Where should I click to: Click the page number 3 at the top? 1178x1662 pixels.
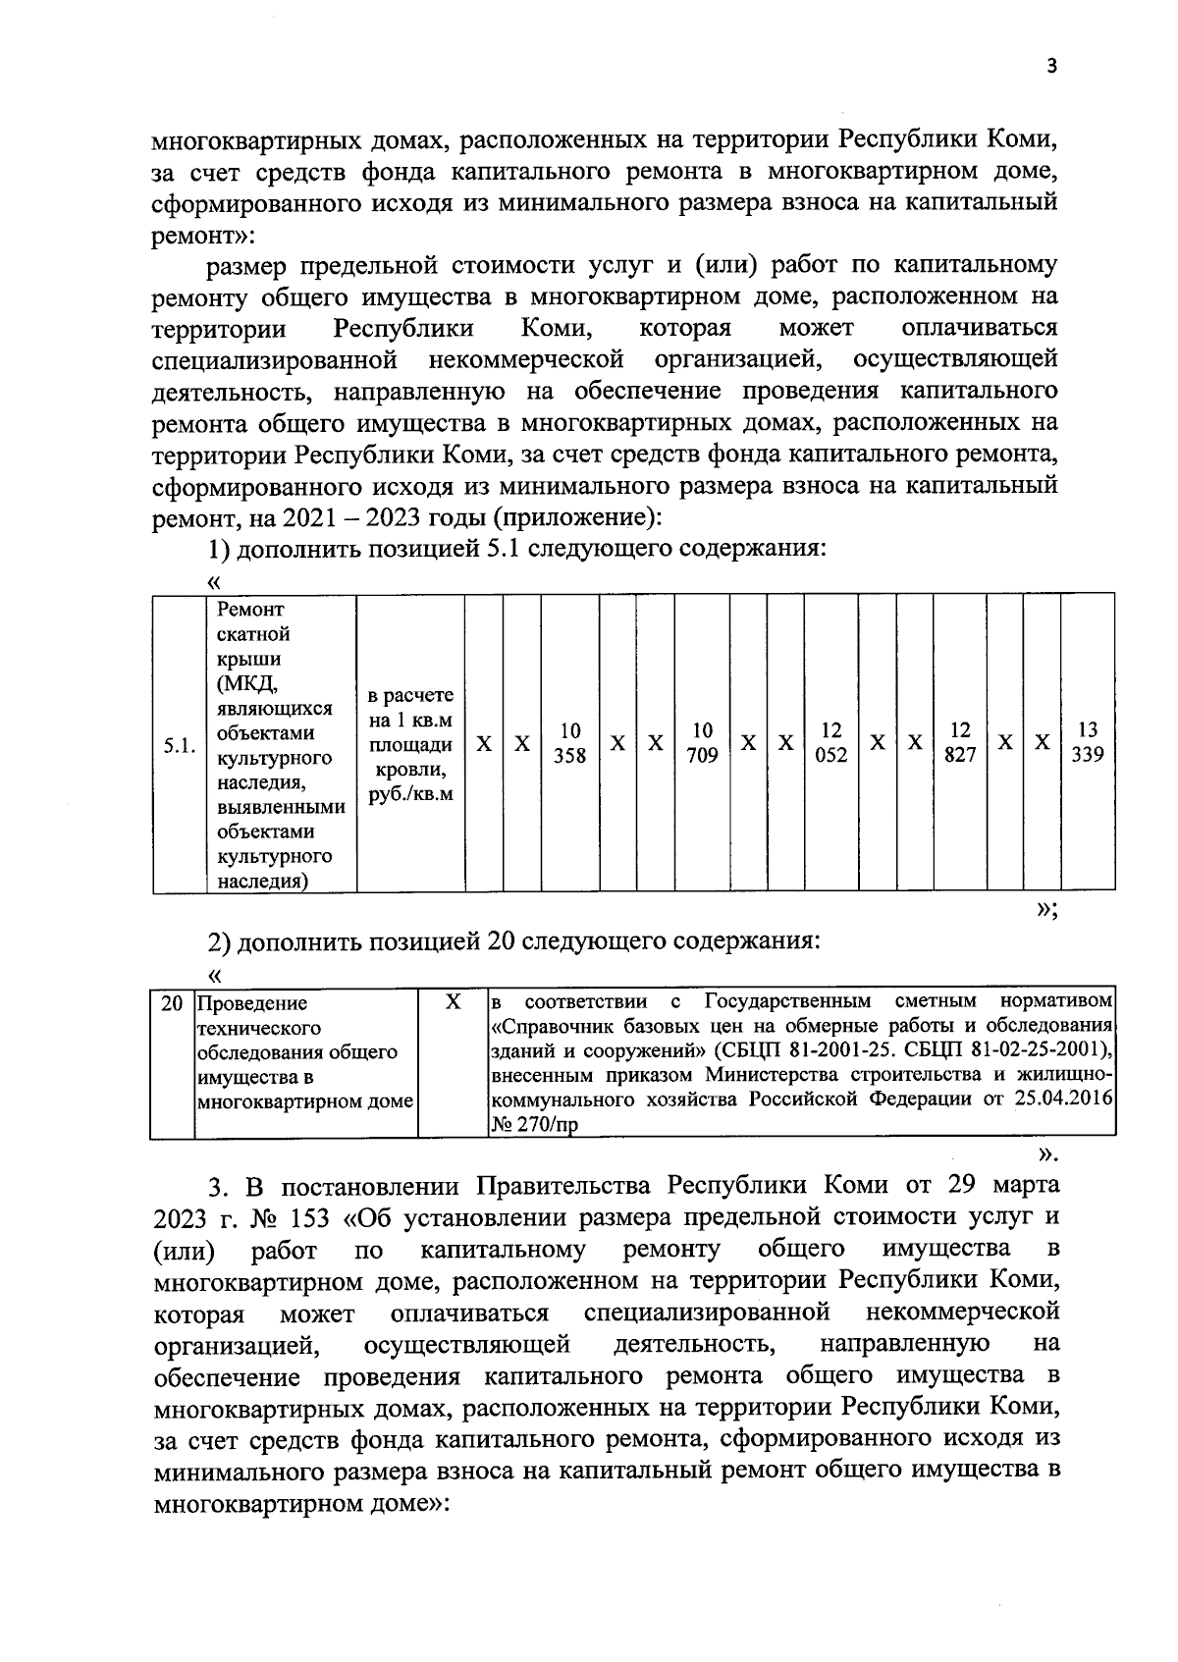(1051, 66)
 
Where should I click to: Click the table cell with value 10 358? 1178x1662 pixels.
(570, 743)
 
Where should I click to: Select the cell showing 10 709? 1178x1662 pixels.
(702, 743)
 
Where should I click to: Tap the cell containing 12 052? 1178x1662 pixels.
(831, 743)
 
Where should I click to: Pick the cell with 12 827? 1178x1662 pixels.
(960, 743)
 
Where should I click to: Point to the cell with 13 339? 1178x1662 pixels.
(1088, 743)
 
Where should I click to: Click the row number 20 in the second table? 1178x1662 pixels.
(172, 1003)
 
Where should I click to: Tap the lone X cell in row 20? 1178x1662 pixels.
(453, 1002)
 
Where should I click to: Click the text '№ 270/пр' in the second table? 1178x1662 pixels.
(533, 1126)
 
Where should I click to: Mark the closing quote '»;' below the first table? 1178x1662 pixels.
(1046, 909)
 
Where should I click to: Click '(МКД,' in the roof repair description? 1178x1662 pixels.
(248, 684)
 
